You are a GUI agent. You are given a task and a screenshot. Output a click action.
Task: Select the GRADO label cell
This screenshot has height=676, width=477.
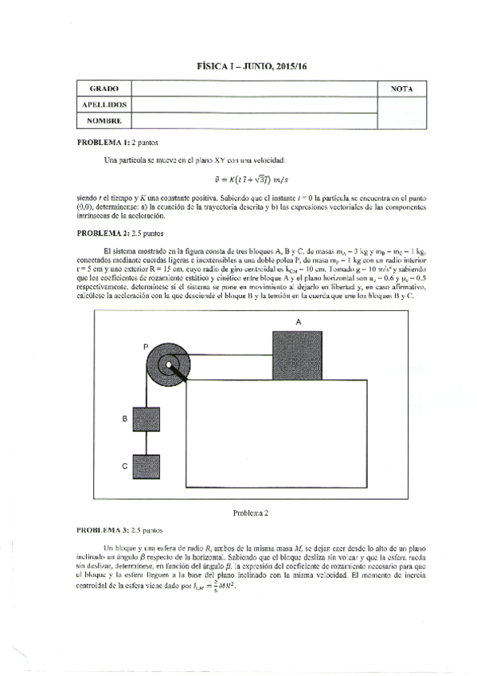click(x=104, y=88)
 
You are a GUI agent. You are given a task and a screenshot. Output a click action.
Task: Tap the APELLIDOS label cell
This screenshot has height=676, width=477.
click(x=104, y=104)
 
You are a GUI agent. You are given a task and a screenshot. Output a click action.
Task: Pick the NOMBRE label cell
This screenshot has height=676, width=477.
click(x=104, y=120)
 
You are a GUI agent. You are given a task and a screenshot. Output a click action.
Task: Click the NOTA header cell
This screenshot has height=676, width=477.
click(x=403, y=88)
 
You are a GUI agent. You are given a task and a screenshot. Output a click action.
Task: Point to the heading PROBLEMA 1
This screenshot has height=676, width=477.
click(x=102, y=141)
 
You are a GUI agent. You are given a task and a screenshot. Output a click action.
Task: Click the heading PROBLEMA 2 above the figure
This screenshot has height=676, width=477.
click(x=102, y=234)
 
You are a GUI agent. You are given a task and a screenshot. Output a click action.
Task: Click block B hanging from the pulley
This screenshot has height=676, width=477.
click(x=148, y=419)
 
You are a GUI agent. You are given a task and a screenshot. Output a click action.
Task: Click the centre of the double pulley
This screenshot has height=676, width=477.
click(x=170, y=366)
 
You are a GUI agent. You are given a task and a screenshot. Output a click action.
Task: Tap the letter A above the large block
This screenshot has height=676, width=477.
click(x=299, y=321)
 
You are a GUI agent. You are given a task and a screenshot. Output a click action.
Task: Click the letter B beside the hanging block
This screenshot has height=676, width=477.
click(x=125, y=418)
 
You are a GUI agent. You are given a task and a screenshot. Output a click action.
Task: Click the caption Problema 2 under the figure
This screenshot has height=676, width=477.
click(x=252, y=513)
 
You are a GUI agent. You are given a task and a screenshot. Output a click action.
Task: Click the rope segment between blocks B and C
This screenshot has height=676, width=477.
click(x=148, y=442)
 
